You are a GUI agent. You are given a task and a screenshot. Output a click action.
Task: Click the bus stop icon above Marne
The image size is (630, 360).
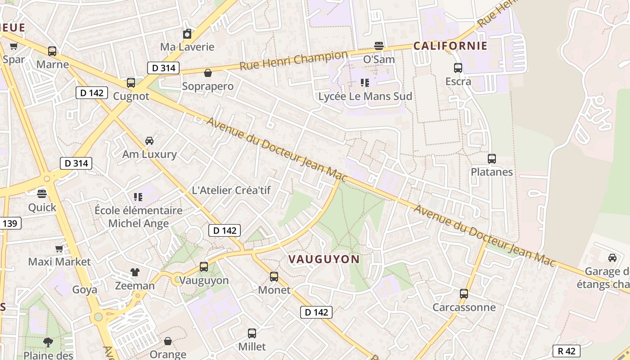tap(52, 51)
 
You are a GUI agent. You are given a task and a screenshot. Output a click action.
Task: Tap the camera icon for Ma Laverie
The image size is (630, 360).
tap(187, 34)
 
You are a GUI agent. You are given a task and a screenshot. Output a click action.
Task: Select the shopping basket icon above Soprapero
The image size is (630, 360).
tap(208, 73)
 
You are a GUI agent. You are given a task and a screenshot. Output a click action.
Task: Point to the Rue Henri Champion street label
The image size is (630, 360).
tap(293, 61)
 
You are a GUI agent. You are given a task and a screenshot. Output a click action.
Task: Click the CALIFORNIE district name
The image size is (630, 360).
tap(450, 46)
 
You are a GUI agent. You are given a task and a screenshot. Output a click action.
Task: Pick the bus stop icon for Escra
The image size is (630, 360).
tap(458, 68)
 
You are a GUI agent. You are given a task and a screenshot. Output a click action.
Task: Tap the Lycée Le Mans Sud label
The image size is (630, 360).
tap(365, 96)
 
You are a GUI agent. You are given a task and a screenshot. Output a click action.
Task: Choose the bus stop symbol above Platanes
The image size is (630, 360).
tap(491, 159)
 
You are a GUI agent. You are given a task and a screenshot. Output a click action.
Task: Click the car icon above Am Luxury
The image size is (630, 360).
tap(149, 141)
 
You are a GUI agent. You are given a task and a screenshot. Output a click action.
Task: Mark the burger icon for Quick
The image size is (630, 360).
tap(42, 194)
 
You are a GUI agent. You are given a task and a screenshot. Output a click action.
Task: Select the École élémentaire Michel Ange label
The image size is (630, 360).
tap(139, 217)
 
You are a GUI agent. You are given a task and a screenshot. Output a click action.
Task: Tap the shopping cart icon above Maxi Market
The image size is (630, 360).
tap(59, 248)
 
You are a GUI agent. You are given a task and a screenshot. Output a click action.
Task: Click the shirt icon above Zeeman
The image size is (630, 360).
tap(135, 272)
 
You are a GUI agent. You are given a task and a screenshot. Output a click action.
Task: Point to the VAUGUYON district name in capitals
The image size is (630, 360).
tap(324, 259)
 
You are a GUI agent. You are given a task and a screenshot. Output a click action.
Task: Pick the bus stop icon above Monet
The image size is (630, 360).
tap(274, 276)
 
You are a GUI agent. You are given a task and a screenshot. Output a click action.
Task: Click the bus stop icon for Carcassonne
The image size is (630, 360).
tap(464, 294)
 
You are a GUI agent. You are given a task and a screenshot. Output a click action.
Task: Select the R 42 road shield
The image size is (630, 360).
tap(566, 351)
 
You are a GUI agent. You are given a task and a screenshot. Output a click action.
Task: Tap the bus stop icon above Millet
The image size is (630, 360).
tap(252, 333)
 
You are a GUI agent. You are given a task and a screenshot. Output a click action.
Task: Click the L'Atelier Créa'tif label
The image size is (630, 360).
tap(231, 190)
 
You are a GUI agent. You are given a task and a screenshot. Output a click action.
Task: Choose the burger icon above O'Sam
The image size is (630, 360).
tap(379, 46)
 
